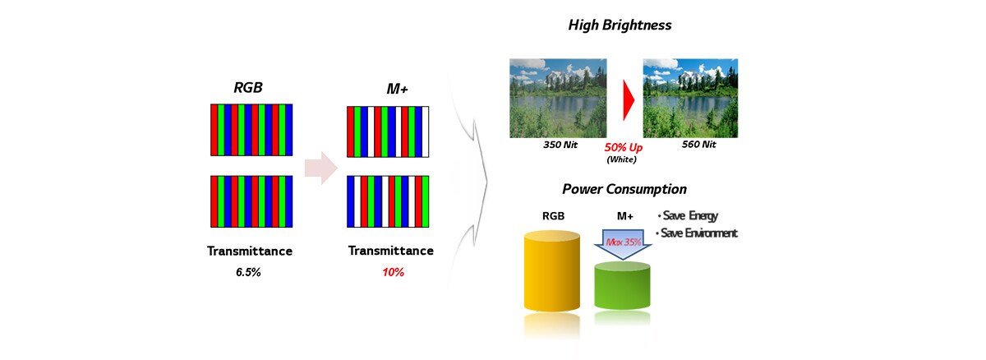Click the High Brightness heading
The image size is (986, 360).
[x=620, y=25]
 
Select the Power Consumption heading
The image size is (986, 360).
[x=624, y=189]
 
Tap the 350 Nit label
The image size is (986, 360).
[x=560, y=145]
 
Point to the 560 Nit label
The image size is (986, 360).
[x=699, y=145]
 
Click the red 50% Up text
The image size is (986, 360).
[x=624, y=147]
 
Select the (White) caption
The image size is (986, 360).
[x=621, y=159]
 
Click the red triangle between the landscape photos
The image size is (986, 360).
[x=629, y=100]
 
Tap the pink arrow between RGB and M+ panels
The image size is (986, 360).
[x=321, y=168]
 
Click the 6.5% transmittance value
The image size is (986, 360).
[x=248, y=272]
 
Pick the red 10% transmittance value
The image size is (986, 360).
[x=393, y=272]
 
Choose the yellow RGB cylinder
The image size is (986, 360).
[x=552, y=271]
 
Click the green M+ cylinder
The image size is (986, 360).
[x=623, y=285]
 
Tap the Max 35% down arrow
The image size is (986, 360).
[x=624, y=244]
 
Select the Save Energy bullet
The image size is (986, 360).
[x=688, y=215]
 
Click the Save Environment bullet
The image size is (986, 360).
[x=697, y=233]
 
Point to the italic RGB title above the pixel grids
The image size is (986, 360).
[x=248, y=88]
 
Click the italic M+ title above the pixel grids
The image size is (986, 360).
[x=397, y=90]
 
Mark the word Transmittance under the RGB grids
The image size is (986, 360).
[x=250, y=252]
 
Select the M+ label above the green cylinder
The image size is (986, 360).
[x=625, y=216]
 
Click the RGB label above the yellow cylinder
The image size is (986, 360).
[x=553, y=216]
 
